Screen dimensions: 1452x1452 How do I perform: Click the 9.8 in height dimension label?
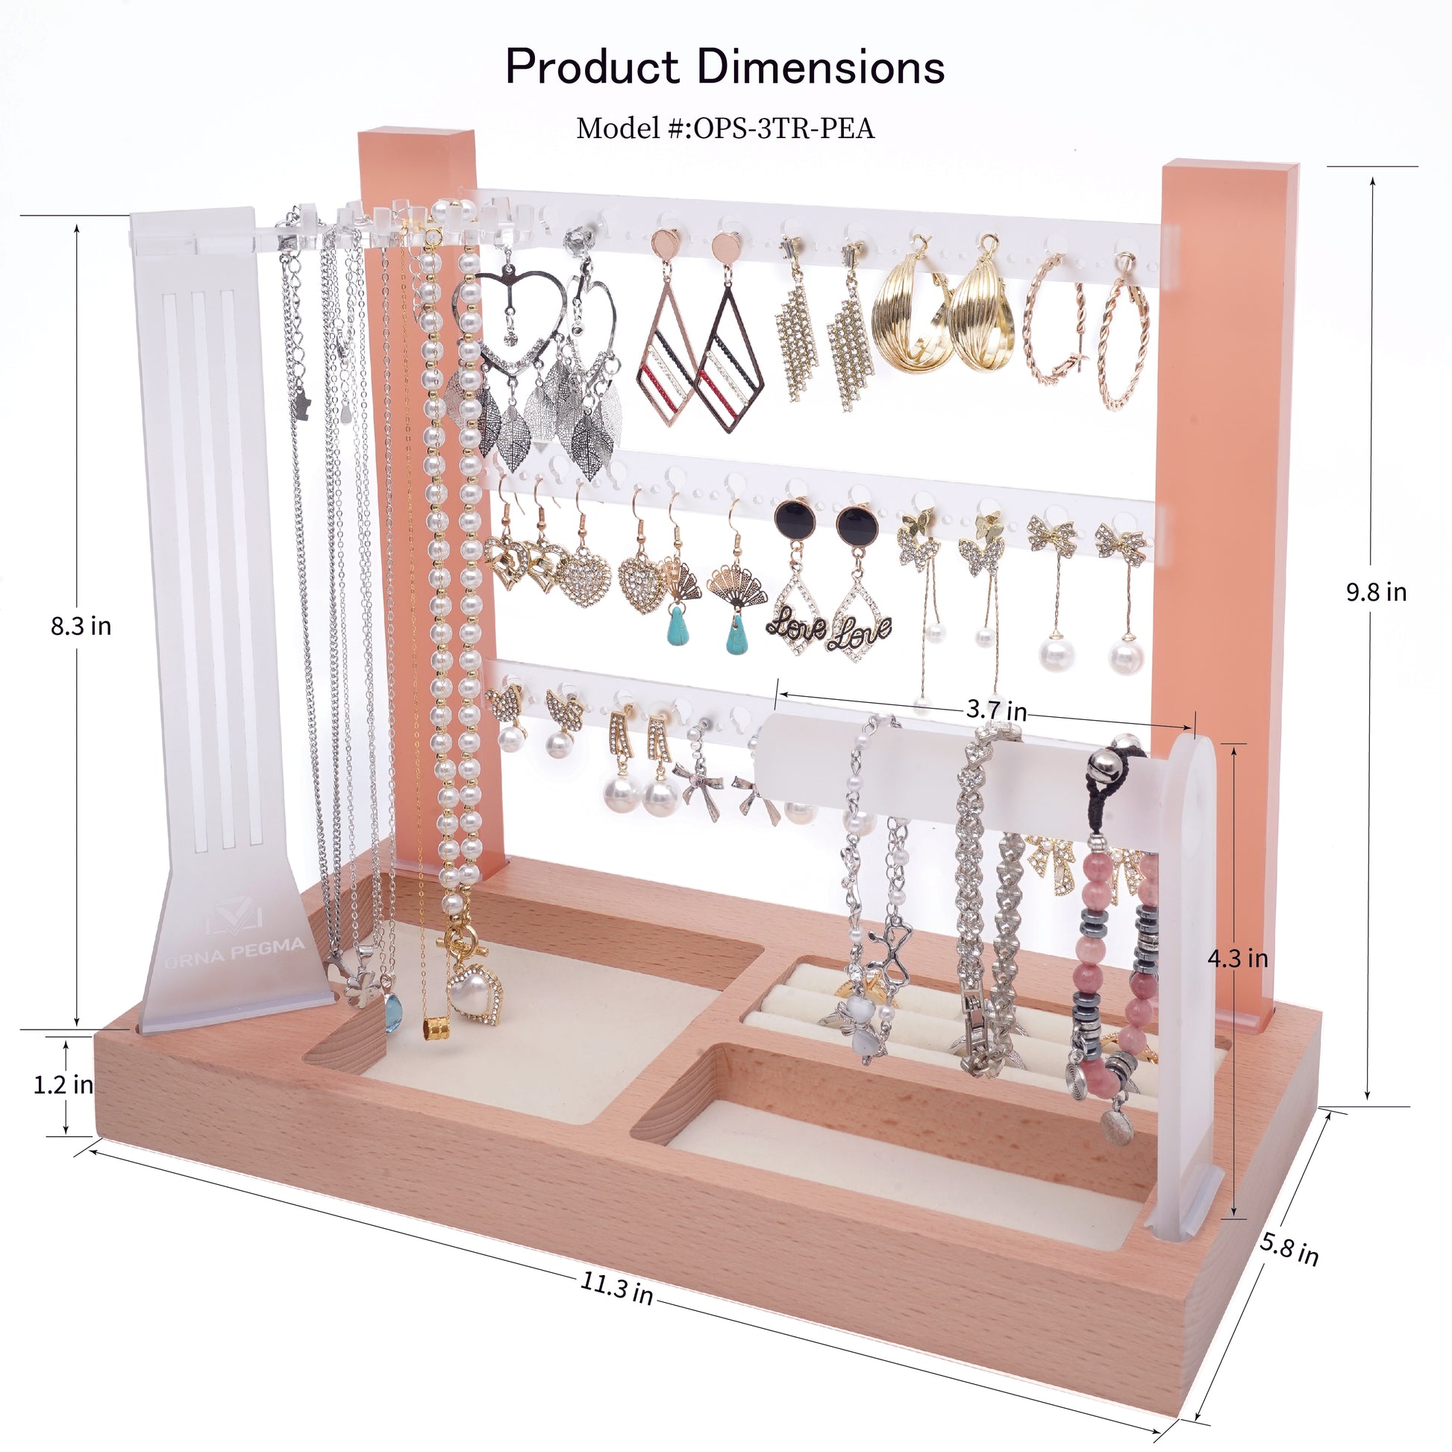(x=1375, y=592)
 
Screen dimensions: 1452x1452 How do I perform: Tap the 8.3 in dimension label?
(x=81, y=626)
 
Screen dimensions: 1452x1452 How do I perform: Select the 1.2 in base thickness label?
(x=63, y=1084)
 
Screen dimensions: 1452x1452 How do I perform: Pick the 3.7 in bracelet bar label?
(x=996, y=710)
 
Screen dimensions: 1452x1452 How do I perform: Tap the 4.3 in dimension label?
(x=1237, y=958)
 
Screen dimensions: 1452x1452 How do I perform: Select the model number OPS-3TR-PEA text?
(x=784, y=128)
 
